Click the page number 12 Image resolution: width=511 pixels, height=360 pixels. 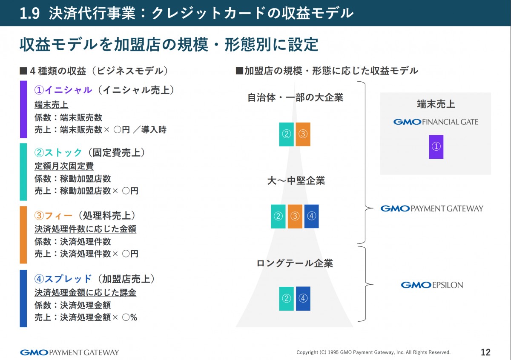click(485, 352)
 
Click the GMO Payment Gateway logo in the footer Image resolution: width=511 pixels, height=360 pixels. click(69, 352)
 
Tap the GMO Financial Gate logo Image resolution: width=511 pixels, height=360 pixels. click(435, 122)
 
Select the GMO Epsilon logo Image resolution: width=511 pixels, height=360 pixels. click(432, 285)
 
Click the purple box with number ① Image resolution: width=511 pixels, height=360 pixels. click(436, 147)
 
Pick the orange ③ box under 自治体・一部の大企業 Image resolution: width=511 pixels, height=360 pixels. click(303, 134)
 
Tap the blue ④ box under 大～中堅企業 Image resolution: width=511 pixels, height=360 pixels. click(311, 216)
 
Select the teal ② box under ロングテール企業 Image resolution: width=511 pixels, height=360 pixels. click(286, 298)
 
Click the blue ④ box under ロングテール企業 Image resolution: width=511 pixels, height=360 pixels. click(303, 298)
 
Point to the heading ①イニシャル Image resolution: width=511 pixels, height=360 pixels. click(63, 90)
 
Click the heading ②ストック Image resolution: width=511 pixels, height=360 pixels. click(58, 153)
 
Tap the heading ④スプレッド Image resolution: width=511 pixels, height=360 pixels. click(63, 279)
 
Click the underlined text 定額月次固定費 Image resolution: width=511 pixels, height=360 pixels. click(64, 166)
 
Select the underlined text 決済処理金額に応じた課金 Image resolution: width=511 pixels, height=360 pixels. click(85, 292)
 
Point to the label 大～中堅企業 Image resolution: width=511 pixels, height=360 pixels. click(296, 181)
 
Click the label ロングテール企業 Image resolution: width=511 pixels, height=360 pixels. click(295, 263)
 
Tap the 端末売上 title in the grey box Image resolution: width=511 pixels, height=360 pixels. click(436, 104)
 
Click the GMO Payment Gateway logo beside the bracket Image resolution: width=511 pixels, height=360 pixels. click(432, 209)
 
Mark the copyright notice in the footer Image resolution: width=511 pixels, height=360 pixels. click(373, 353)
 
